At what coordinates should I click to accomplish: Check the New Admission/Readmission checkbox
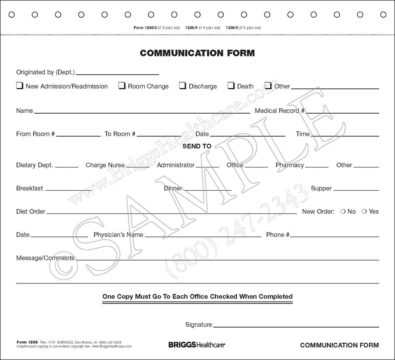click(19, 86)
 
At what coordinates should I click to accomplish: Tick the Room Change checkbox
click(122, 86)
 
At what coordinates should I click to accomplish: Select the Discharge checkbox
click(182, 86)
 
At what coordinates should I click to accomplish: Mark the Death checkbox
click(231, 86)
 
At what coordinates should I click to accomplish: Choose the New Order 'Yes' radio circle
click(364, 212)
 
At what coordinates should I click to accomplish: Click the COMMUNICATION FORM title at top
click(197, 53)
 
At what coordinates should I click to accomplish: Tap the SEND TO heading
click(197, 146)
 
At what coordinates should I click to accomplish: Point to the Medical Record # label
click(279, 111)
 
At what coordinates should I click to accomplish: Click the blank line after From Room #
click(78, 135)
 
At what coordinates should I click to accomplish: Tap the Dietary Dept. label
click(34, 165)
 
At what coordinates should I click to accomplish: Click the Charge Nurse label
click(102, 165)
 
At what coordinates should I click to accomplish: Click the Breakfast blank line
click(68, 190)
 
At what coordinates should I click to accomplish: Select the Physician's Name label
click(118, 235)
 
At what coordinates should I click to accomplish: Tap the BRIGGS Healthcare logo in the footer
click(194, 345)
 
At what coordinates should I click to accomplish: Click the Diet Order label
click(31, 212)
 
